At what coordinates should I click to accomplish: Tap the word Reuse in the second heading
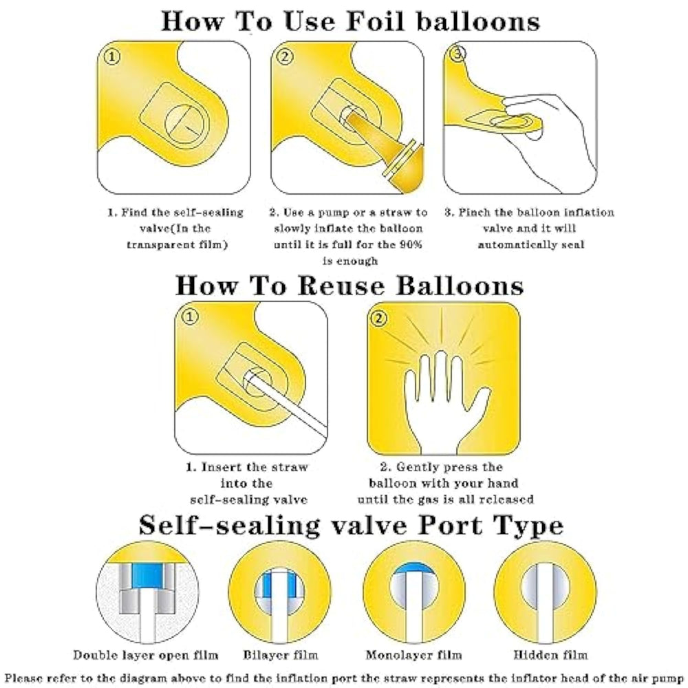tap(341, 286)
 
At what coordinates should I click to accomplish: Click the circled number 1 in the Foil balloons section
tap(112, 56)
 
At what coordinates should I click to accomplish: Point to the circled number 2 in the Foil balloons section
tap(286, 56)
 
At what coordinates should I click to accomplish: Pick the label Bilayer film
tap(281, 655)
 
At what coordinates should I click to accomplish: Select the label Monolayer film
tap(413, 655)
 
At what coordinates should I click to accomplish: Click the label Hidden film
tap(550, 655)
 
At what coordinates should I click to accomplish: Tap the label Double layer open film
tap(146, 655)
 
